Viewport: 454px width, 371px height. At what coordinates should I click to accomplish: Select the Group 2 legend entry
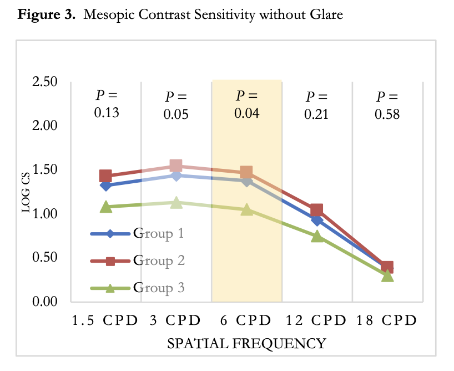[158, 260]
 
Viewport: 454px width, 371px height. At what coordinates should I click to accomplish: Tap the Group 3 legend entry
[158, 288]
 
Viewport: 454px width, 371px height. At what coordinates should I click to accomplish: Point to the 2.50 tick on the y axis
[43, 82]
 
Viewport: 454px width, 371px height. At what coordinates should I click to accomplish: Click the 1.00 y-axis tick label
[43, 214]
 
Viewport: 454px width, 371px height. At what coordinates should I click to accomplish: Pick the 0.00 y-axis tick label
[43, 302]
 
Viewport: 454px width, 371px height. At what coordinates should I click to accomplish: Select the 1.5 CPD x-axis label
[106, 320]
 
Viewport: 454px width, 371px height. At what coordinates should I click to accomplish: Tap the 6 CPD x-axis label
[246, 320]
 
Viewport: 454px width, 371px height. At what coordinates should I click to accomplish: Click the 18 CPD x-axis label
[387, 320]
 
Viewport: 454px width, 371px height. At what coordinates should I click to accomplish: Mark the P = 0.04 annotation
[246, 104]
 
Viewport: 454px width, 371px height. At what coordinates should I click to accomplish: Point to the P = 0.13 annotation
[106, 104]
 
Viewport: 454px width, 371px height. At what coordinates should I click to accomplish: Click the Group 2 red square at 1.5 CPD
[105, 176]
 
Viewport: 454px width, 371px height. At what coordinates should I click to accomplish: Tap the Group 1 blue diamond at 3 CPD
[176, 176]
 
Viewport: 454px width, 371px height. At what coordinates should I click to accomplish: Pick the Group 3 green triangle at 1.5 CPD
[105, 207]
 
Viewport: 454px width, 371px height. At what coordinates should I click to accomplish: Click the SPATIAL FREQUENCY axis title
[246, 344]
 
